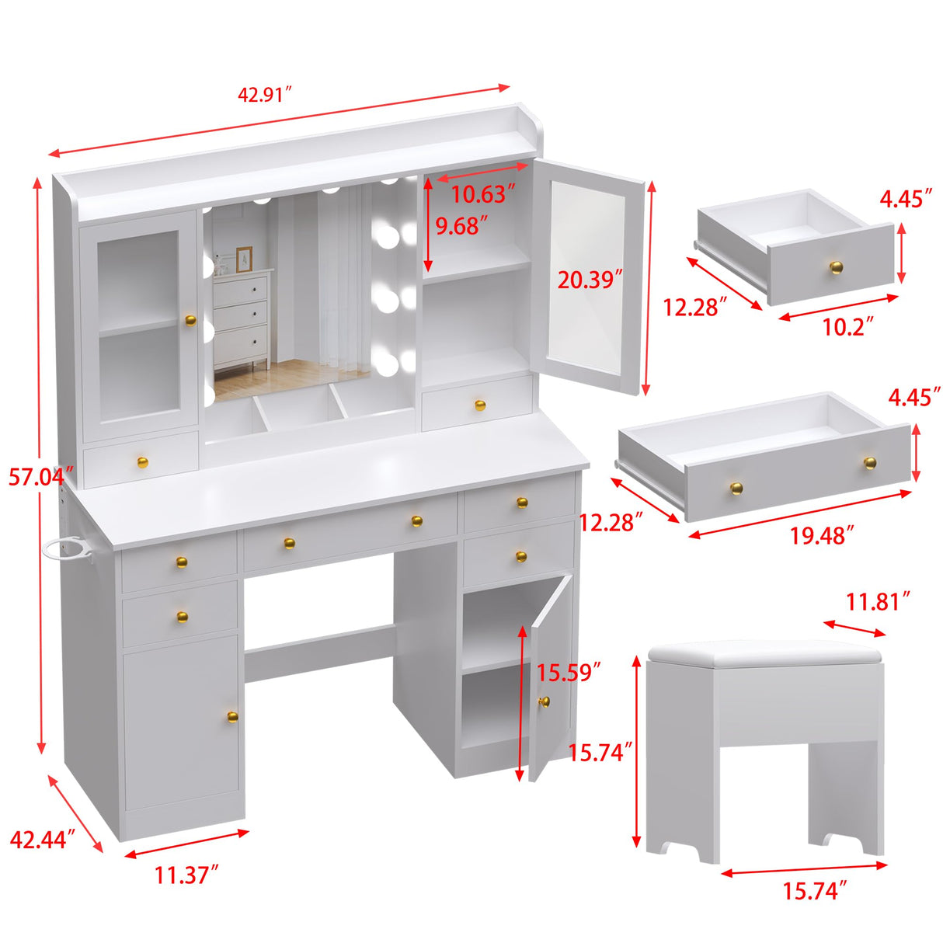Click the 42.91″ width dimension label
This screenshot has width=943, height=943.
pyautogui.click(x=264, y=95)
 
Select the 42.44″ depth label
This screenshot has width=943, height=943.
pyautogui.click(x=42, y=839)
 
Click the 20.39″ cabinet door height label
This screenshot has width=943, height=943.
pyautogui.click(x=590, y=279)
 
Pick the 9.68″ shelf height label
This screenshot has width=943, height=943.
pyautogui.click(x=462, y=226)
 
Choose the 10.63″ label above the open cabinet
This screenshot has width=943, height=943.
pyautogui.click(x=484, y=193)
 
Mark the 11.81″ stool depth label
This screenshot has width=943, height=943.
pyautogui.click(x=878, y=601)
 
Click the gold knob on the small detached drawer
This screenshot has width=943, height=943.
pyautogui.click(x=836, y=267)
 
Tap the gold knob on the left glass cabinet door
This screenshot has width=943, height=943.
pyautogui.click(x=190, y=320)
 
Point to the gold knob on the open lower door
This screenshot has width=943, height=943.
pyautogui.click(x=544, y=701)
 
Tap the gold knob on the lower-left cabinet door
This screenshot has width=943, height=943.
pyautogui.click(x=232, y=716)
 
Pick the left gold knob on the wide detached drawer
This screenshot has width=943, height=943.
pyautogui.click(x=736, y=488)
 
